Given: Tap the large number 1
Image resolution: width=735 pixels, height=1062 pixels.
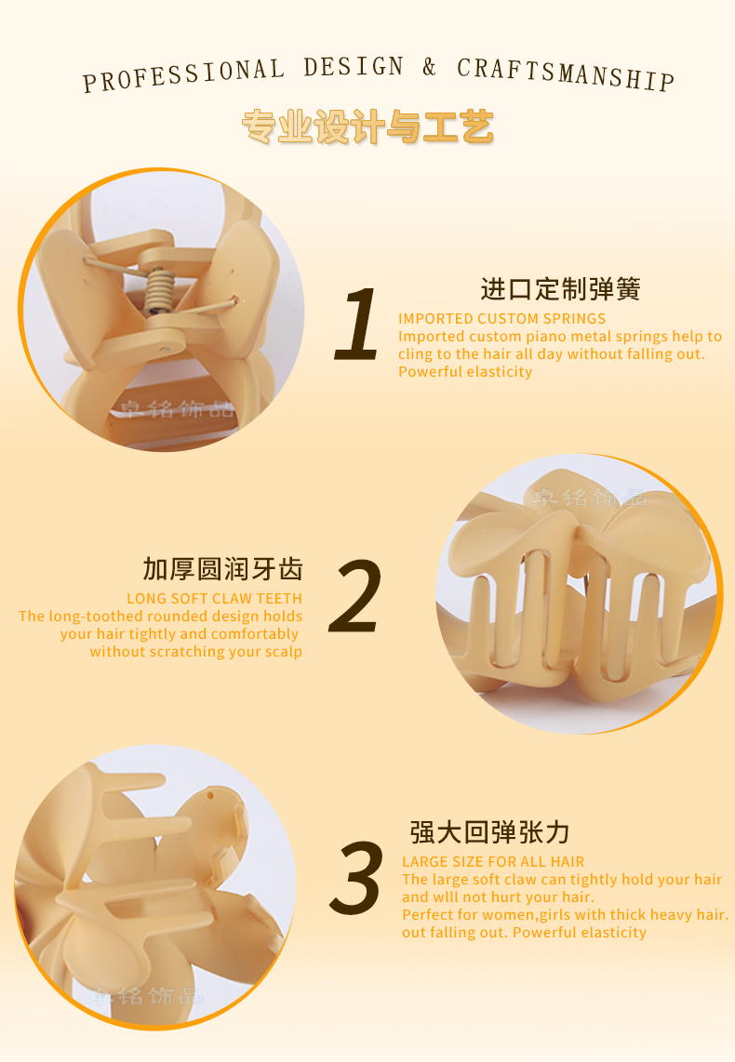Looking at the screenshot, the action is (x=357, y=323).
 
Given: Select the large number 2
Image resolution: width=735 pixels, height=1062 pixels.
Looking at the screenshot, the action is (x=355, y=597).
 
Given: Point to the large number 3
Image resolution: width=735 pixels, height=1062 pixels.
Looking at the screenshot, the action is (x=356, y=877).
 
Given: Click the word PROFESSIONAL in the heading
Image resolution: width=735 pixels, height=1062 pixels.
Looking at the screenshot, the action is (x=183, y=74).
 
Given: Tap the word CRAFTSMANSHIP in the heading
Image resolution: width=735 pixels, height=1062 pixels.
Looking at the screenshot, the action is (x=566, y=73).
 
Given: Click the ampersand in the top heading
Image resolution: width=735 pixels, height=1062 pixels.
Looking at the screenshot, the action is (x=429, y=66).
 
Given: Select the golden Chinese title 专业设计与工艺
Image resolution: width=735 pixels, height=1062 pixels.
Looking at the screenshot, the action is (x=367, y=126).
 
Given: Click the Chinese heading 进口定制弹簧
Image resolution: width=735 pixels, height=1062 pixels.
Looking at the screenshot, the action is (x=560, y=289).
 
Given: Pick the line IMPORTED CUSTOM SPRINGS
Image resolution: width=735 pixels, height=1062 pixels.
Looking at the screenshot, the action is (x=502, y=318).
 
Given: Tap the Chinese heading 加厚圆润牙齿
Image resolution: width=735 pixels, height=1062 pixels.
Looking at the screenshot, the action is (x=222, y=569).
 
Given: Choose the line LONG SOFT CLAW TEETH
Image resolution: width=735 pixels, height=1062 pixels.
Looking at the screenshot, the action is (x=214, y=599).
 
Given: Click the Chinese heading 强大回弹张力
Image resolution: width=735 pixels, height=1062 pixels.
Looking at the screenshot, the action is (x=489, y=832).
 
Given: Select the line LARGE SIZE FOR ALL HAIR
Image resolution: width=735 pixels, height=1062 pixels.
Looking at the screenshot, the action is (x=493, y=861).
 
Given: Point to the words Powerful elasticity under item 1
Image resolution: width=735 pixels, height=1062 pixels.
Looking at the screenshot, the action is (x=465, y=372).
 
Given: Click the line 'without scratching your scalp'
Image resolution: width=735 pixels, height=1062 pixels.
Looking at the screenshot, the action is (x=195, y=652).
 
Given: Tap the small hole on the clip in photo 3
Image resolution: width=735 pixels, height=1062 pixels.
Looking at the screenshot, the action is (x=210, y=795).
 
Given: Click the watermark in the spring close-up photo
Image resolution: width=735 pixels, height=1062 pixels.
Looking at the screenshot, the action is (x=178, y=409).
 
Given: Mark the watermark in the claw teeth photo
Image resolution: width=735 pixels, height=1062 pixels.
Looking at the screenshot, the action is (x=588, y=498).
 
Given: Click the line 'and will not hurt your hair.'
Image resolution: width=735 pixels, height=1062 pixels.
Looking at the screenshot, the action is (x=498, y=896).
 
